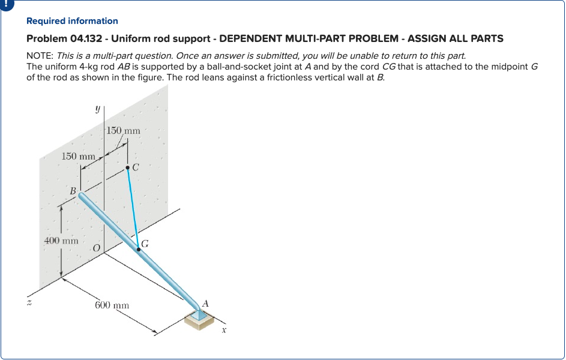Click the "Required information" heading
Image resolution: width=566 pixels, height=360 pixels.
pos(72,21)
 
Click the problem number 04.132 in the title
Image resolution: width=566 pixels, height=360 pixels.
pos(85,38)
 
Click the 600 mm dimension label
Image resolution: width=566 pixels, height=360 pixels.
pos(112,305)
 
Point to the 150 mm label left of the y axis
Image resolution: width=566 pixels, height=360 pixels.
pos(78,156)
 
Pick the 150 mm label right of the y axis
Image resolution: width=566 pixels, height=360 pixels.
pos(123,130)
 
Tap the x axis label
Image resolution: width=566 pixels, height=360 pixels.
pos(223,329)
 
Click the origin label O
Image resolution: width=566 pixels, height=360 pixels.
pos(96,248)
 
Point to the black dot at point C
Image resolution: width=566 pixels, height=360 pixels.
pos(127,169)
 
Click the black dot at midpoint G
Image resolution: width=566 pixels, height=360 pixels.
pos(138,249)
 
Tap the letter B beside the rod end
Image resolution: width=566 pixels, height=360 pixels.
pos(73,191)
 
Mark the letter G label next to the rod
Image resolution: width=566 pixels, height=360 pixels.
pos(145,244)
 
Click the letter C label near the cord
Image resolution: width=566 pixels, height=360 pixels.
pos(136,167)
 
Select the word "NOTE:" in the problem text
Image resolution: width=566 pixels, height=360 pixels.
pos(40,56)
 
